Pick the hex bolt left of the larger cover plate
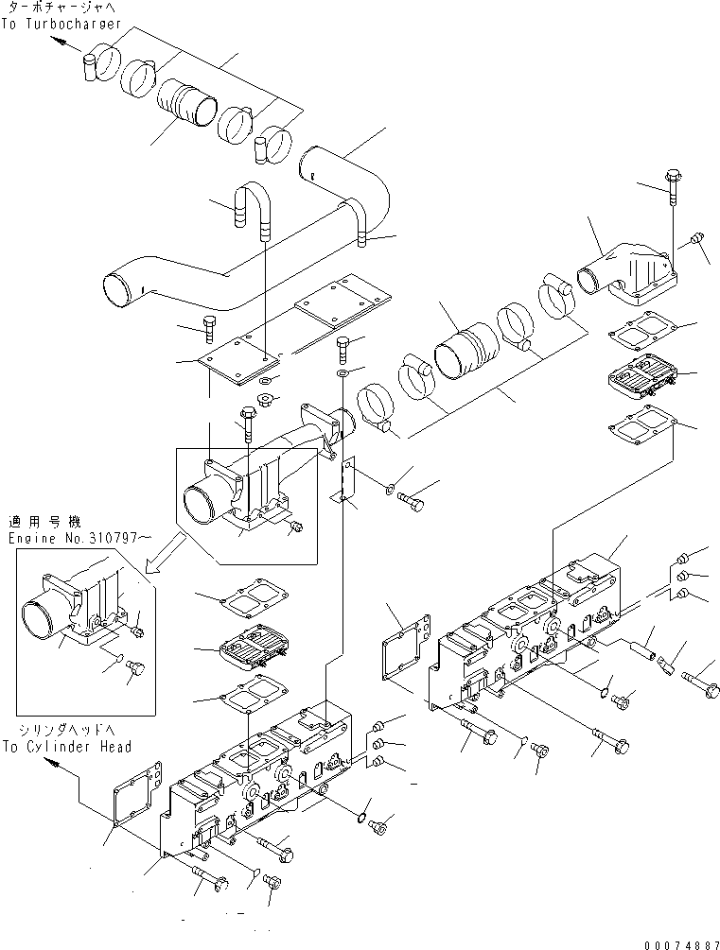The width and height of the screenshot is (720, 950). coord(210,328)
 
